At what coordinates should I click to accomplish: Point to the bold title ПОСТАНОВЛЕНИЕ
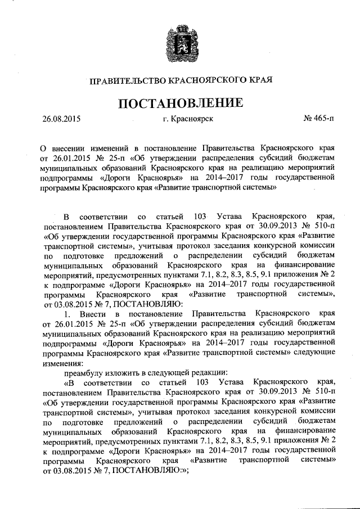(179, 103)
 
